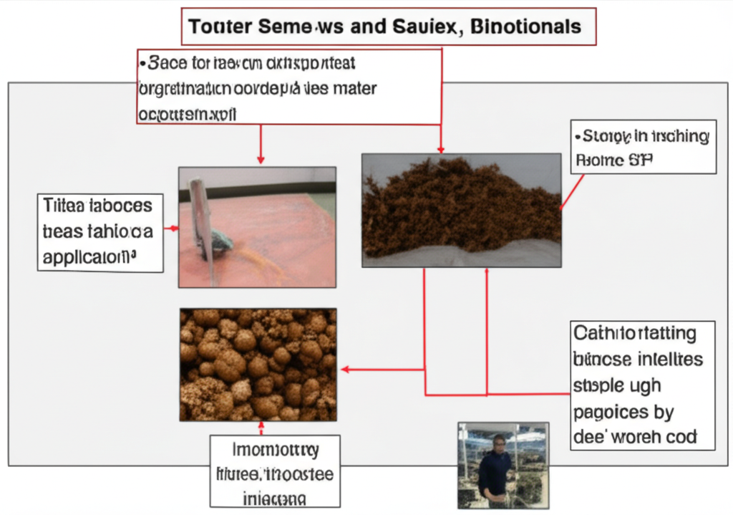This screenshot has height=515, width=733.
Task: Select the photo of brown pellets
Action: point(258,365)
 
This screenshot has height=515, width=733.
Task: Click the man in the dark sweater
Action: point(495,469)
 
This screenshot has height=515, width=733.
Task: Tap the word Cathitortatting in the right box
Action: point(634,334)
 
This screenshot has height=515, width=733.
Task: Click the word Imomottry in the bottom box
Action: point(276,451)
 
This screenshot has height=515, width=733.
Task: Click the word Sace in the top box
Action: point(167,63)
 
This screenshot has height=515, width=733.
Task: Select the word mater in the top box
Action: point(351,89)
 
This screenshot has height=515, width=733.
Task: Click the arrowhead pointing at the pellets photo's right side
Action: point(344,370)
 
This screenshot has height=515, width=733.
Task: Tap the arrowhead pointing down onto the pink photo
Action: point(261,159)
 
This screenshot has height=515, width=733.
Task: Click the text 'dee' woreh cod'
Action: point(635,436)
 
